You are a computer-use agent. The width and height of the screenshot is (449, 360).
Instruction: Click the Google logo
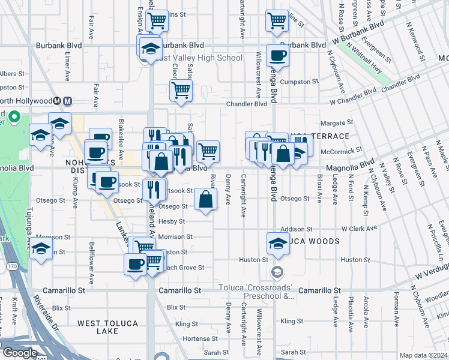coord(20,353)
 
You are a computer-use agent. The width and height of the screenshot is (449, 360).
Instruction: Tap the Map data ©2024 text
coord(424,355)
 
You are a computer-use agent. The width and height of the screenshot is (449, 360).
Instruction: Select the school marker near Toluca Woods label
coord(277,243)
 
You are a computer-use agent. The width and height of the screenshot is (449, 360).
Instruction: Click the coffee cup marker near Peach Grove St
coord(135,263)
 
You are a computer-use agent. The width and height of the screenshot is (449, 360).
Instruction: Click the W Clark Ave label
coord(359,229)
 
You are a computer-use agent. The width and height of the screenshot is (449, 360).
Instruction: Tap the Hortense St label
coord(196,338)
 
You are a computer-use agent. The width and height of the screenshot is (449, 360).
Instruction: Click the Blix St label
coord(176,307)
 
